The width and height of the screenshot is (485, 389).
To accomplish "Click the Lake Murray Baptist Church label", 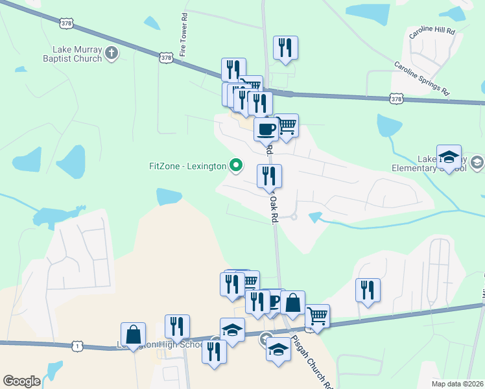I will pyautogui.click(x=77, y=54).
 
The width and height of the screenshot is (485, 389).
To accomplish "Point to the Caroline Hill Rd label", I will pyautogui.click(x=432, y=31).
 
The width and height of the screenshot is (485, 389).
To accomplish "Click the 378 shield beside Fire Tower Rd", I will pyautogui.click(x=167, y=58).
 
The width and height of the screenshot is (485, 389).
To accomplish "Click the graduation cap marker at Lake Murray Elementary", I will pyautogui.click(x=449, y=156).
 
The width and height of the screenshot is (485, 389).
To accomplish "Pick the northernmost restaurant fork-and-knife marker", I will pyautogui.click(x=285, y=47).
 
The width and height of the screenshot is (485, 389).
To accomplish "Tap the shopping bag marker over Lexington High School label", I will pyautogui.click(x=133, y=334).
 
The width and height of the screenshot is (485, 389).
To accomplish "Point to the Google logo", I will pyautogui.click(x=21, y=381).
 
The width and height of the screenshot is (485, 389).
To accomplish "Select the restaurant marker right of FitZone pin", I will pyautogui.click(x=269, y=176).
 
